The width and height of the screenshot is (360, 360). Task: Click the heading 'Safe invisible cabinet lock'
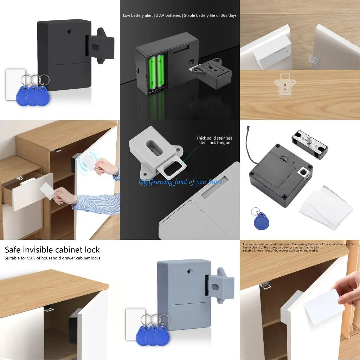tap(52, 250)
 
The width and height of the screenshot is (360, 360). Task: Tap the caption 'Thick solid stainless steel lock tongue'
tap(214, 141)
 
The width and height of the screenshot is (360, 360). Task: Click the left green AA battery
tap(153, 72)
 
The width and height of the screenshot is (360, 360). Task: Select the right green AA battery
tap(161, 72)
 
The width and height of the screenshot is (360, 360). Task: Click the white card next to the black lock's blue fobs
tap(15, 84)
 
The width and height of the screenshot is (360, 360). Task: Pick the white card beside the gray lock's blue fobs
tap(135, 323)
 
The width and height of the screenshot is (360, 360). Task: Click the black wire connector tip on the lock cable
tap(248, 127)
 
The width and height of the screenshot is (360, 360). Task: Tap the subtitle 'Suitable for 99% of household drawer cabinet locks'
tap(52, 258)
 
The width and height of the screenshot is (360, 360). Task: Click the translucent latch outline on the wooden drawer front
tap(284, 84)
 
